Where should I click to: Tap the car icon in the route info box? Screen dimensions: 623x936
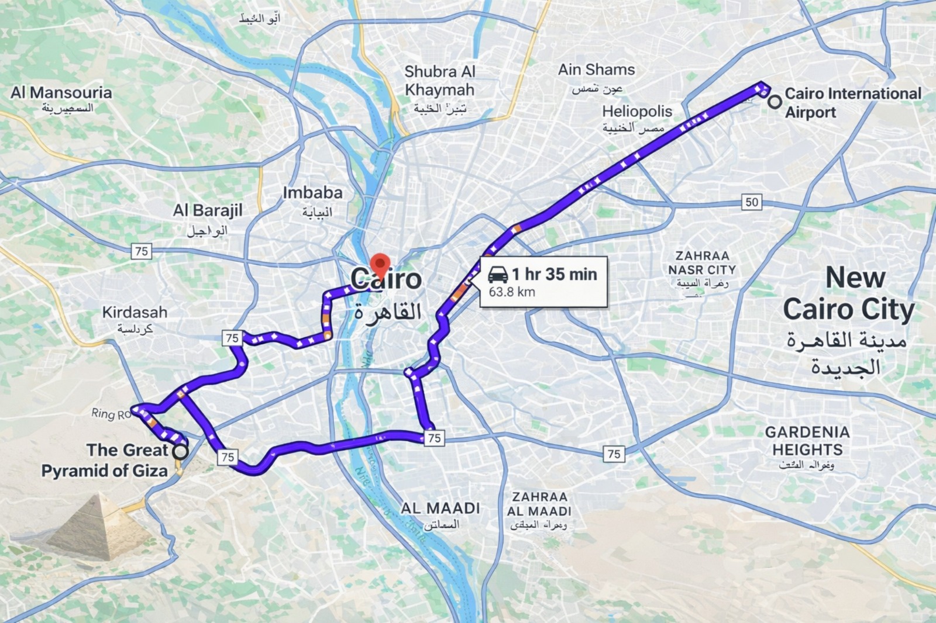[x=498, y=274]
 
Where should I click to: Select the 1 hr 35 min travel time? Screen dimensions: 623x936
[x=554, y=274]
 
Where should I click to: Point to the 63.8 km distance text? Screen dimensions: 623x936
[x=512, y=292]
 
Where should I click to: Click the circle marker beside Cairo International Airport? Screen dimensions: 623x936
[x=775, y=102]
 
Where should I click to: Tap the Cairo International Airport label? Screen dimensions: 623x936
[x=852, y=102]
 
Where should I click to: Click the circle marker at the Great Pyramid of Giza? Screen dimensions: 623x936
[x=181, y=451]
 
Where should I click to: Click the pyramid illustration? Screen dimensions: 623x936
[x=99, y=526]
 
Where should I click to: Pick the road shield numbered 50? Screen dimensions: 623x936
[x=752, y=202]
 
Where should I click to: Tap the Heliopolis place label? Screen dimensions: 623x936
[x=636, y=111]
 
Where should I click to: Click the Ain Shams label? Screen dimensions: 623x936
[x=596, y=70]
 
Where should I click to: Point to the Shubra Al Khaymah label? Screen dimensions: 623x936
[x=440, y=81]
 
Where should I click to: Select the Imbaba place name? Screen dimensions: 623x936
[x=312, y=193]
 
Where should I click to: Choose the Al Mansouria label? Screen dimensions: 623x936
[x=61, y=92]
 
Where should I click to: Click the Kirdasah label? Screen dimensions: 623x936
[x=135, y=313]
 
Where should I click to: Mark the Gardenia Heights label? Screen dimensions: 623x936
[x=807, y=441]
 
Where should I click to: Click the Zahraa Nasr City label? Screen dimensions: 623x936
[x=702, y=263]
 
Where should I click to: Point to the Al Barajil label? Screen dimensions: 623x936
[x=207, y=210]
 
